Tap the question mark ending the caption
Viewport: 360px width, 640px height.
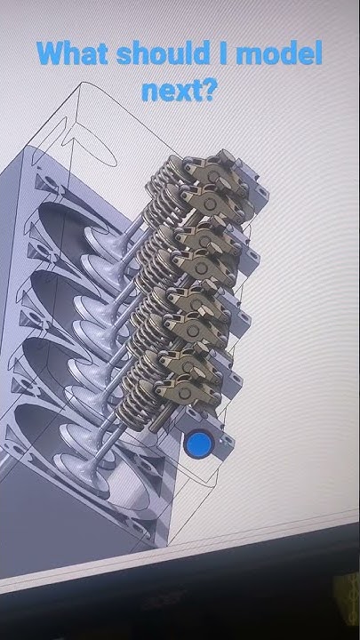click(210, 90)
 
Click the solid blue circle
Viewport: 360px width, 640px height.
click(198, 444)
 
